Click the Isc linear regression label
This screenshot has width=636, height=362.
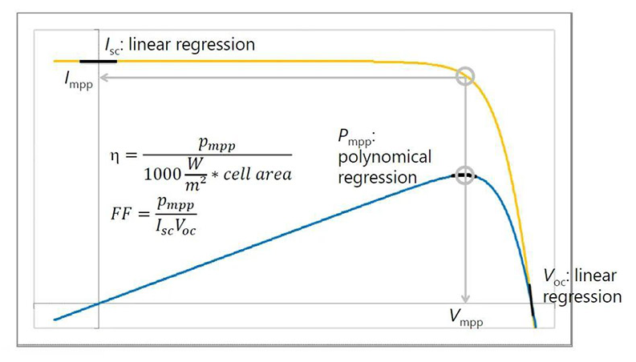tap(178, 44)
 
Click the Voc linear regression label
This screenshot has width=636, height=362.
tap(582, 286)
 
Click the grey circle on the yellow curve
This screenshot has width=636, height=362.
tap(465, 76)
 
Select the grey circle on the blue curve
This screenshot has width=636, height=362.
tap(465, 176)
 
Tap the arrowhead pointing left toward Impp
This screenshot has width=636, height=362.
tap(105, 77)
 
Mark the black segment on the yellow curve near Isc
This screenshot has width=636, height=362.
tap(100, 61)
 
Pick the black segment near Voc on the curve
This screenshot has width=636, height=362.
tap(530, 296)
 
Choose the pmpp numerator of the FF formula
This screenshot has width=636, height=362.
tap(176, 204)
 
